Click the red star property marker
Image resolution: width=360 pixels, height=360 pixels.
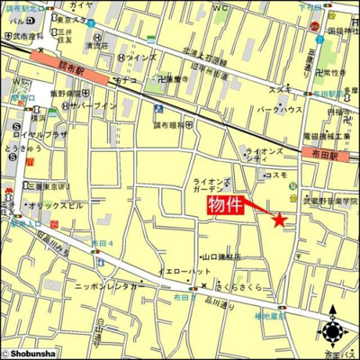coord(279,218)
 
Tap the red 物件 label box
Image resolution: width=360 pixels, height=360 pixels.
coord(226,204)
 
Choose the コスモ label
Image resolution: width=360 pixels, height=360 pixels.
coord(276,175)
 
